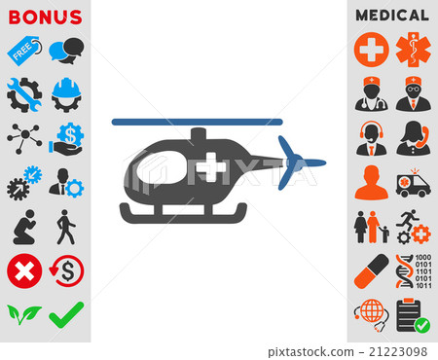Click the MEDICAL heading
tap(392, 16)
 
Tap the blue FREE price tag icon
tap(23, 48)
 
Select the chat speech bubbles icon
tap(66, 49)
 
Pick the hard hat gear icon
tap(66, 91)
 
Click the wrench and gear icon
tap(23, 91)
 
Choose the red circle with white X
tap(23, 270)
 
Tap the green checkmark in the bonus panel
tap(66, 313)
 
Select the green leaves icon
tap(23, 314)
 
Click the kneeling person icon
tap(23, 227)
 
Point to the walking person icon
tap(65, 226)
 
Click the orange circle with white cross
tap(371, 48)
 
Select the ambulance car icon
tap(414, 183)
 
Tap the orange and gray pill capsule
tap(371, 270)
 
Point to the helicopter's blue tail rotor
tap(291, 162)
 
